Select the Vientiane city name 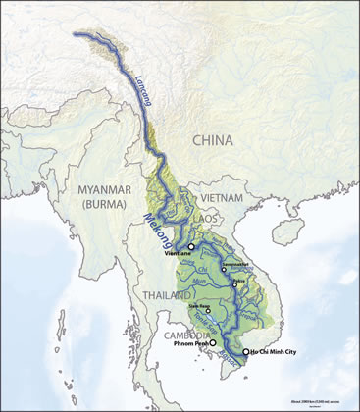pyautogui.click(x=181, y=254)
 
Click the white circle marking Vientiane pyautogui.click(x=192, y=245)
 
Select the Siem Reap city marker pyautogui.click(x=207, y=310)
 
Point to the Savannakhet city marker pyautogui.click(x=225, y=268)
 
